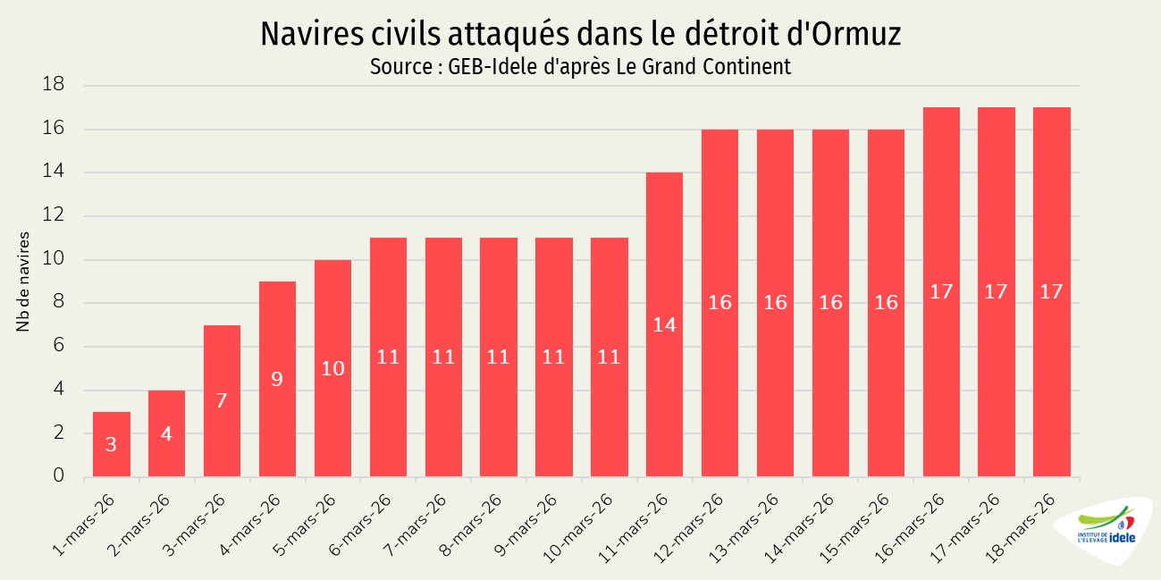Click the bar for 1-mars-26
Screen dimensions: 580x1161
click(x=111, y=444)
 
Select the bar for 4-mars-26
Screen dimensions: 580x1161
click(x=277, y=379)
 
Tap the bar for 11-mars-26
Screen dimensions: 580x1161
click(x=664, y=324)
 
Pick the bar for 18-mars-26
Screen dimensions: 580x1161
click(x=1051, y=292)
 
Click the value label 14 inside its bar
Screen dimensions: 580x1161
click(x=664, y=325)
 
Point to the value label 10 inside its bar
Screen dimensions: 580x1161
click(x=332, y=368)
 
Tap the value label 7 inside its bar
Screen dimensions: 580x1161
click(x=222, y=400)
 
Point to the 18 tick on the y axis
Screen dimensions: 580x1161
click(x=55, y=86)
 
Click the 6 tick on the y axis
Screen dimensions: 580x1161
click(x=59, y=347)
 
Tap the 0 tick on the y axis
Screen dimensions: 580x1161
click(x=59, y=476)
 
